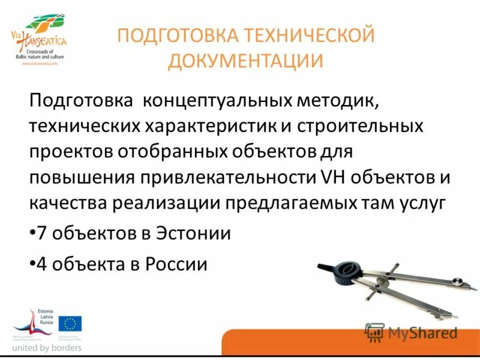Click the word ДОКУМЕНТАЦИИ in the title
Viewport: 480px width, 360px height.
(x=245, y=61)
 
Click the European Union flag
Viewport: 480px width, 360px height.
(x=70, y=324)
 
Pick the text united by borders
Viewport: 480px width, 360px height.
(x=47, y=347)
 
